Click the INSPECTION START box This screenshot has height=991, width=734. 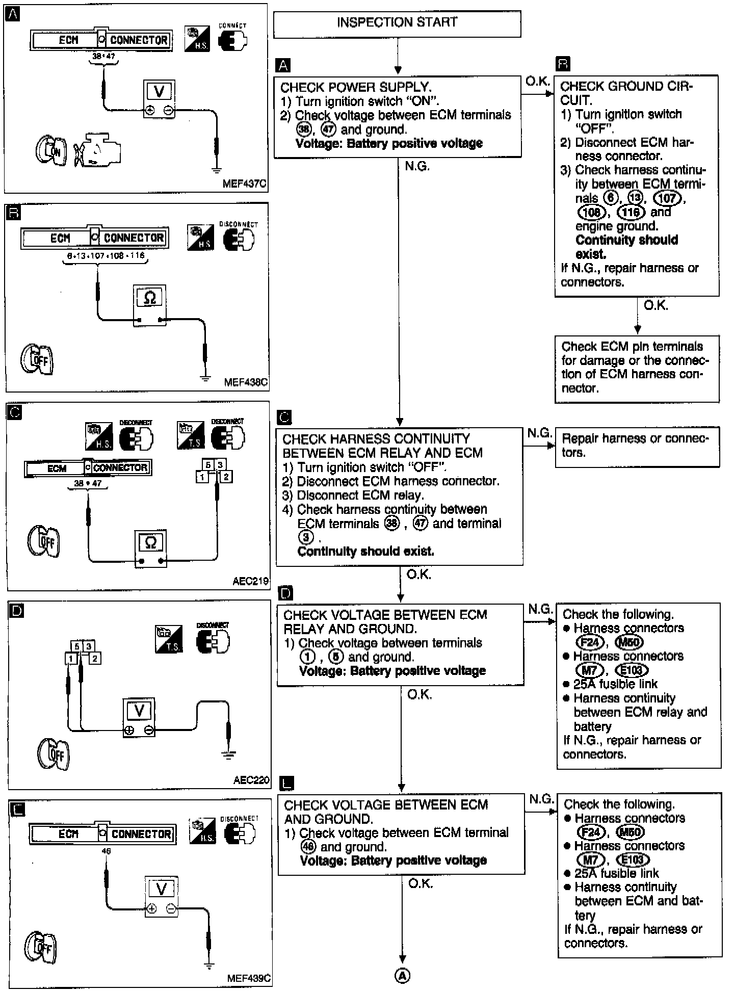[x=397, y=24]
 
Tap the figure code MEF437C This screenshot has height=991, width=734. [x=244, y=184]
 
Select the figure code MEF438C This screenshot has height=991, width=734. [x=246, y=382]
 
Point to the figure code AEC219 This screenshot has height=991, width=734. [x=250, y=581]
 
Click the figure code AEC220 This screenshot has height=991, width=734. [x=251, y=780]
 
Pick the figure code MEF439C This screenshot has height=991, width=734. [x=249, y=978]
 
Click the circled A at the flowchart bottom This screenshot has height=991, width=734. [x=402, y=976]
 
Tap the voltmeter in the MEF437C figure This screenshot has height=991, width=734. [x=159, y=99]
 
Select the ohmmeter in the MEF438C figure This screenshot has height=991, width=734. [x=149, y=305]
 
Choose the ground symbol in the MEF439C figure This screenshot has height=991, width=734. [x=208, y=963]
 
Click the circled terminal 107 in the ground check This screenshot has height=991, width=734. [x=667, y=198]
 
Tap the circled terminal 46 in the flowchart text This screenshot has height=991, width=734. [x=308, y=847]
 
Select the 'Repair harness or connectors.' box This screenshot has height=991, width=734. [x=637, y=446]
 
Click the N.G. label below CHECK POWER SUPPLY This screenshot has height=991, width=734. [x=417, y=166]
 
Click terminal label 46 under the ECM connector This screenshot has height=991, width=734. [x=106, y=851]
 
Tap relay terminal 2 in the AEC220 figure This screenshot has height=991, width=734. [x=94, y=658]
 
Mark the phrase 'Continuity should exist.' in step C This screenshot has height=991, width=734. [x=365, y=551]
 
